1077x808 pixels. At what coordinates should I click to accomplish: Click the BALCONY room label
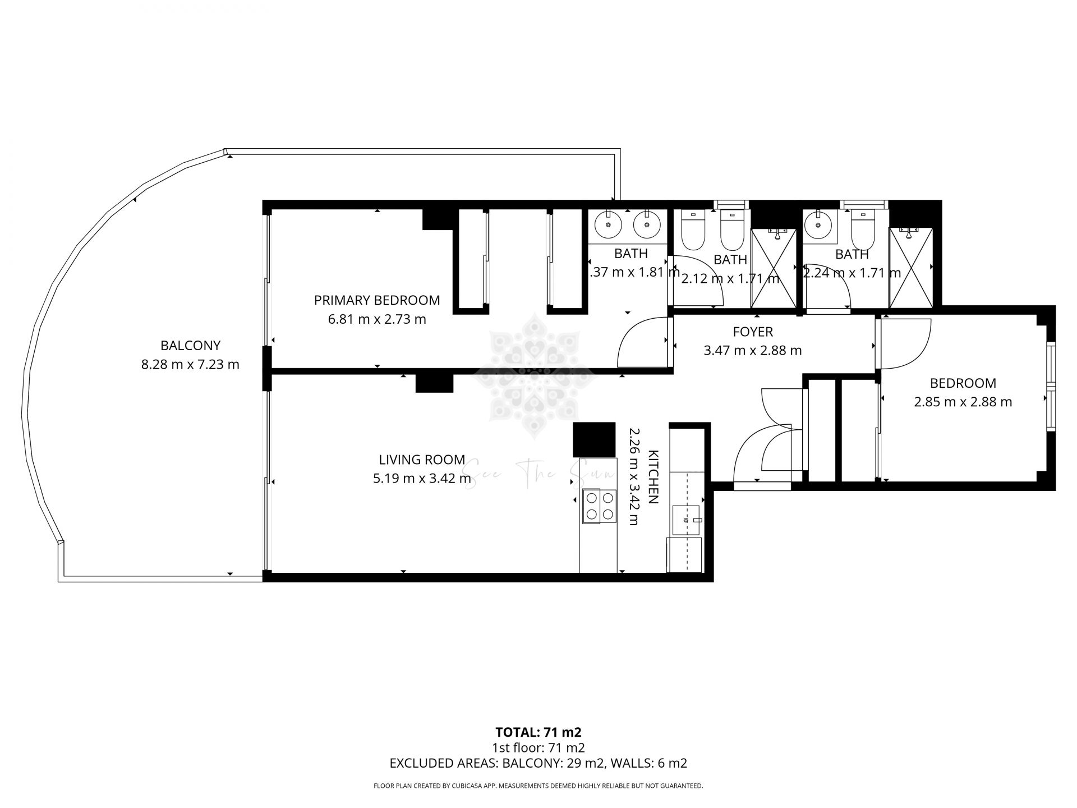coord(190,346)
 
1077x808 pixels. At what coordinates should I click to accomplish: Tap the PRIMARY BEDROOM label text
coord(376,300)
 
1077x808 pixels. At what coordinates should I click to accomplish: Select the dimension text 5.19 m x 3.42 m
coord(422,479)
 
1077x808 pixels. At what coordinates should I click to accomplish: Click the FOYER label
coord(752,332)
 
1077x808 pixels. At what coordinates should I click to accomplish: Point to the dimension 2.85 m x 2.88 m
coord(963,402)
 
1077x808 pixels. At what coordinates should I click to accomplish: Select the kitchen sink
coord(687,520)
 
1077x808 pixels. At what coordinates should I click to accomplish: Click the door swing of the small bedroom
coord(905,343)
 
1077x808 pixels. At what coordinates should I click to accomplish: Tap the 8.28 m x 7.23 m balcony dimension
coord(190,365)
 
